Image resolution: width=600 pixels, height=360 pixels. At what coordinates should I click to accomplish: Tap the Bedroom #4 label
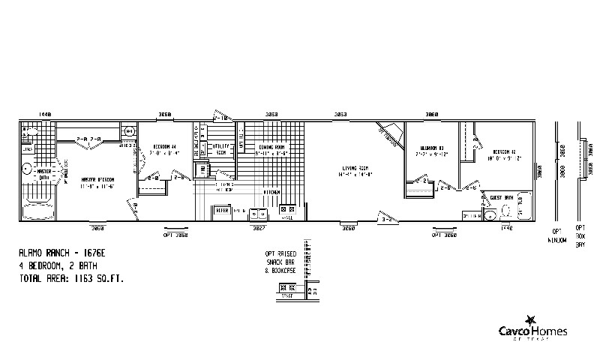coord(164,145)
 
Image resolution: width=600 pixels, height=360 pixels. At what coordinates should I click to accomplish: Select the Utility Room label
coord(220,148)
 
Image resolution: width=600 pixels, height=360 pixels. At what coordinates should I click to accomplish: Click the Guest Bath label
coord(502,197)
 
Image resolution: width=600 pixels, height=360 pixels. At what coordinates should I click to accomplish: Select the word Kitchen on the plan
coord(271,193)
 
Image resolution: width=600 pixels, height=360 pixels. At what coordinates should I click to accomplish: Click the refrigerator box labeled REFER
coord(223,211)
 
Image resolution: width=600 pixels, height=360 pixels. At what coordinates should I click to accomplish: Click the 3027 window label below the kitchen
coord(259,227)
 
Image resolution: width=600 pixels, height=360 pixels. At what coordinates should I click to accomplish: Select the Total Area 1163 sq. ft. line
coord(71,278)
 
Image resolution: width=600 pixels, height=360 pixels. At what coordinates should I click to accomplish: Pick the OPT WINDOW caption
coord(557,235)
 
